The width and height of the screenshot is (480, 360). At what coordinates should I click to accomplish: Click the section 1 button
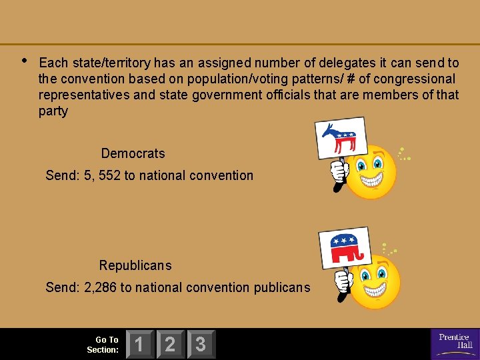coord(139,345)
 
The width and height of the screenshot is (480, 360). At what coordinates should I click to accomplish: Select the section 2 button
coord(170,345)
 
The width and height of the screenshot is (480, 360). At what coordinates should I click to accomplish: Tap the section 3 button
coord(201,345)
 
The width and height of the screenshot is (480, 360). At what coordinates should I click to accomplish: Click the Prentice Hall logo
coord(455,344)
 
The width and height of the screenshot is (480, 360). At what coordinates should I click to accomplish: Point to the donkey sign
coord(340,139)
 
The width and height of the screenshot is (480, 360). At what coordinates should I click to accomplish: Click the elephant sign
coord(343,247)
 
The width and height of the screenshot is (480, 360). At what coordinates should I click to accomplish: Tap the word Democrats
coord(133,153)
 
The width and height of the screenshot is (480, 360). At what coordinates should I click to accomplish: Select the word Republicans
coord(135,265)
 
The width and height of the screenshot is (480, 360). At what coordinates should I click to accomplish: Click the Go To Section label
coord(103,345)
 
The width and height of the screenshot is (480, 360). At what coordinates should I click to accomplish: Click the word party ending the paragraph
coord(53,111)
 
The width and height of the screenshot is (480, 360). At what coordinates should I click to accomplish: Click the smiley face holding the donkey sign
coord(373,172)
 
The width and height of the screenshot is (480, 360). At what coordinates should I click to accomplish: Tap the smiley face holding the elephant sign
coord(375,281)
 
